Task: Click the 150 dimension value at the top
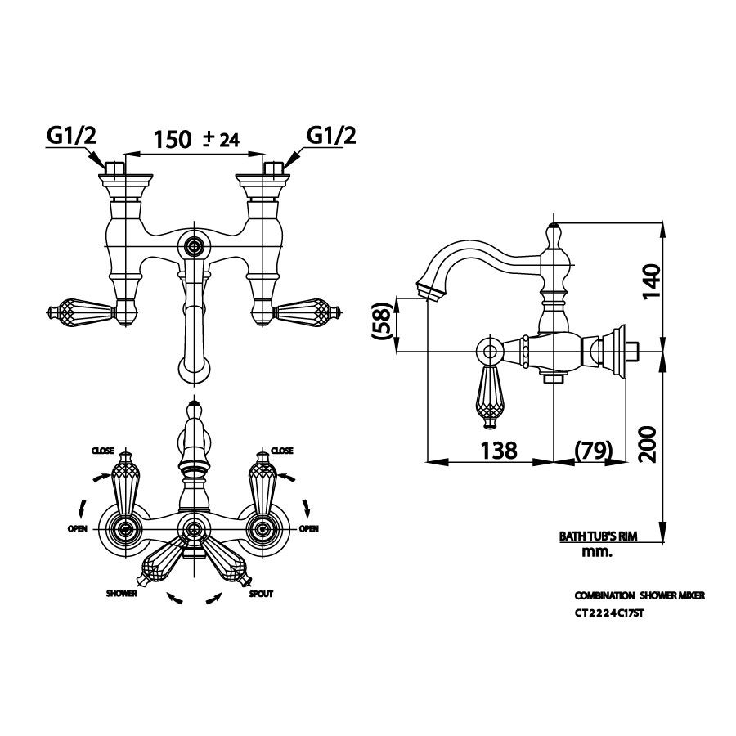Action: click(x=173, y=139)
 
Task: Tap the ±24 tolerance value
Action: click(x=221, y=139)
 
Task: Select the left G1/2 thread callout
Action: click(x=71, y=136)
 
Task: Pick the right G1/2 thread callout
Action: click(x=331, y=136)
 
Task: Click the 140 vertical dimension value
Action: click(x=651, y=281)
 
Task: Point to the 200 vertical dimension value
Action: click(x=648, y=444)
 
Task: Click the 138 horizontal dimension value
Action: click(x=499, y=451)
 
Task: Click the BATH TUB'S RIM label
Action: click(x=598, y=536)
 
